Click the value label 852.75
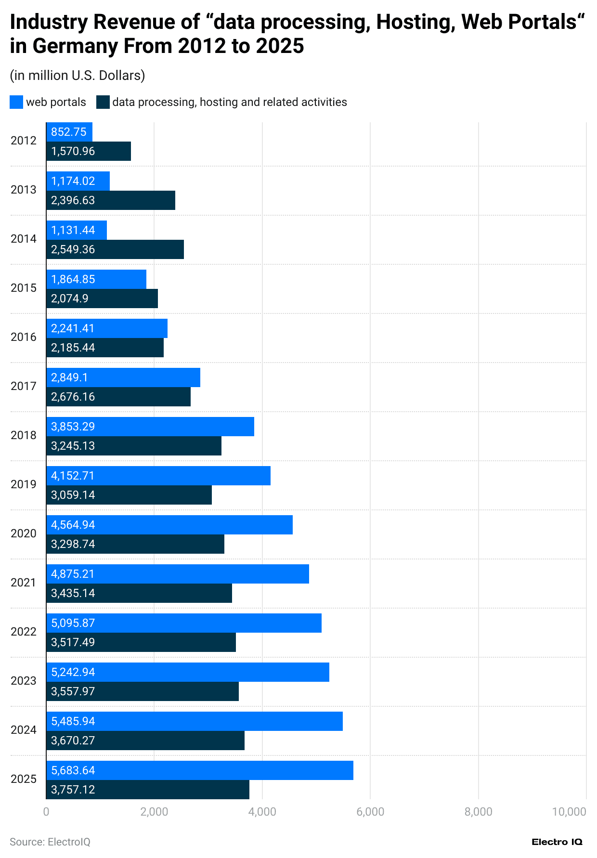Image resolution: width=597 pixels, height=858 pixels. (x=69, y=132)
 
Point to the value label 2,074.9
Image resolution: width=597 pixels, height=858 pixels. (x=70, y=299)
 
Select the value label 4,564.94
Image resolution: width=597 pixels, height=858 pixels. (x=73, y=525)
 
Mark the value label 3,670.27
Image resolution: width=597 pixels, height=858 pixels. (x=73, y=741)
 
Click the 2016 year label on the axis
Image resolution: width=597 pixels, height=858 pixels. (x=24, y=337)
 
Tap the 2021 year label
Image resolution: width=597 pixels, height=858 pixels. (x=24, y=583)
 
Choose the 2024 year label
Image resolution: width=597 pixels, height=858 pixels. (x=24, y=730)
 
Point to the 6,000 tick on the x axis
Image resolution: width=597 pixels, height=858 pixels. (x=370, y=812)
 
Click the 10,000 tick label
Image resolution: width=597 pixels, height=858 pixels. (x=569, y=812)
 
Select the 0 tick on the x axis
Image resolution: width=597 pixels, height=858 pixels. (x=46, y=812)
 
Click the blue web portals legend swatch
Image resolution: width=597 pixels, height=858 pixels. (x=16, y=102)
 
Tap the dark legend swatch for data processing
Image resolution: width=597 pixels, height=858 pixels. (x=103, y=102)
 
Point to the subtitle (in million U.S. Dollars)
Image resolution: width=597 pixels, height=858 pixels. (x=78, y=76)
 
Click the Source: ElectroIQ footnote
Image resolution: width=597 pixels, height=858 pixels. (x=50, y=842)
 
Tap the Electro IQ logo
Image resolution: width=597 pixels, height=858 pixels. (x=557, y=842)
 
